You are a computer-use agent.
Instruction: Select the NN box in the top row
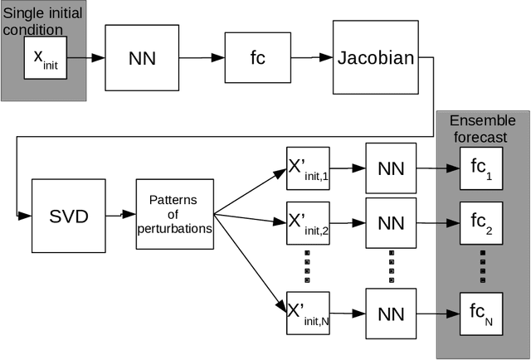click(x=143, y=60)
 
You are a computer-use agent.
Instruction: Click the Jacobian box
click(x=375, y=58)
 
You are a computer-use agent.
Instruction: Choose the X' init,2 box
click(x=309, y=221)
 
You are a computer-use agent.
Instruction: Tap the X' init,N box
click(x=309, y=312)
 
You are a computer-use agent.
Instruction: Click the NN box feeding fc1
click(x=390, y=169)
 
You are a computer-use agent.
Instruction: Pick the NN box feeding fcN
click(x=390, y=313)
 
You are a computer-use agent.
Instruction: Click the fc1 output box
click(x=482, y=175)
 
